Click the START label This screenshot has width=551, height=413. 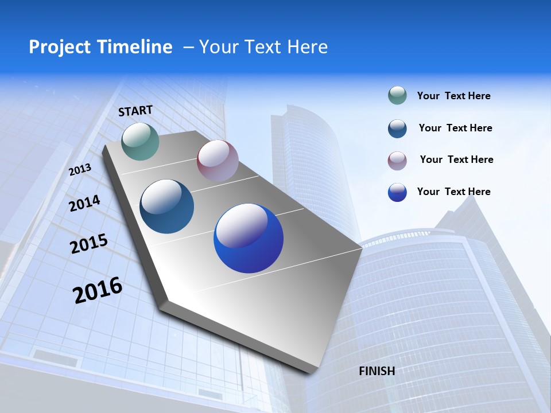pos(135,110)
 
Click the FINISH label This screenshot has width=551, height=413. pos(377,371)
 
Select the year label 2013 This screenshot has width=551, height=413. pos(80,169)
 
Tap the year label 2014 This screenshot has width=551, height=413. pos(84,203)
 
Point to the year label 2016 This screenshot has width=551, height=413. pos(98,290)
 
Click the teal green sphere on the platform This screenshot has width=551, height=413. pos(141,141)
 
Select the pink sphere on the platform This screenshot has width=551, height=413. pos(218,160)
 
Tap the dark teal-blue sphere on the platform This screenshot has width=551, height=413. pos(167,206)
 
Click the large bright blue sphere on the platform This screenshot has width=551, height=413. pos(249,239)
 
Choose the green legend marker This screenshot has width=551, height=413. pos(397,95)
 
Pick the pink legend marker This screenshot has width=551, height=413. pos(397,160)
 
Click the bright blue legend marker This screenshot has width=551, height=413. pos(397,192)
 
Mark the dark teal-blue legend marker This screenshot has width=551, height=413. pos(397,128)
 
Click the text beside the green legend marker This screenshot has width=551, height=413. pos(453,96)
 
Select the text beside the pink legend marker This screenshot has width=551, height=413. pos(456,159)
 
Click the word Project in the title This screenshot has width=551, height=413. pos(55,47)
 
